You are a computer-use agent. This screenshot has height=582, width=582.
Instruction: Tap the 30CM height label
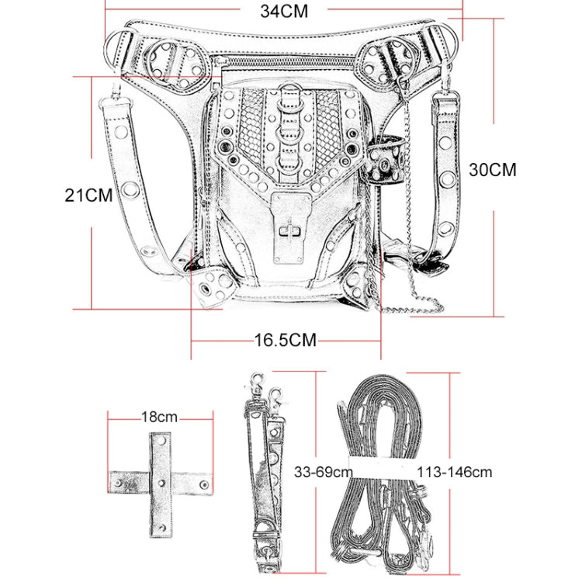[x=492, y=170]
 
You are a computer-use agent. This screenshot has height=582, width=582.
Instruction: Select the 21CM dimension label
[x=88, y=195]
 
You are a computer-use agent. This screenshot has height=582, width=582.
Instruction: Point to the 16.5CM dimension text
[x=285, y=340]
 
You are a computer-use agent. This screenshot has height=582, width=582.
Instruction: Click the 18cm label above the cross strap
[x=159, y=417]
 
